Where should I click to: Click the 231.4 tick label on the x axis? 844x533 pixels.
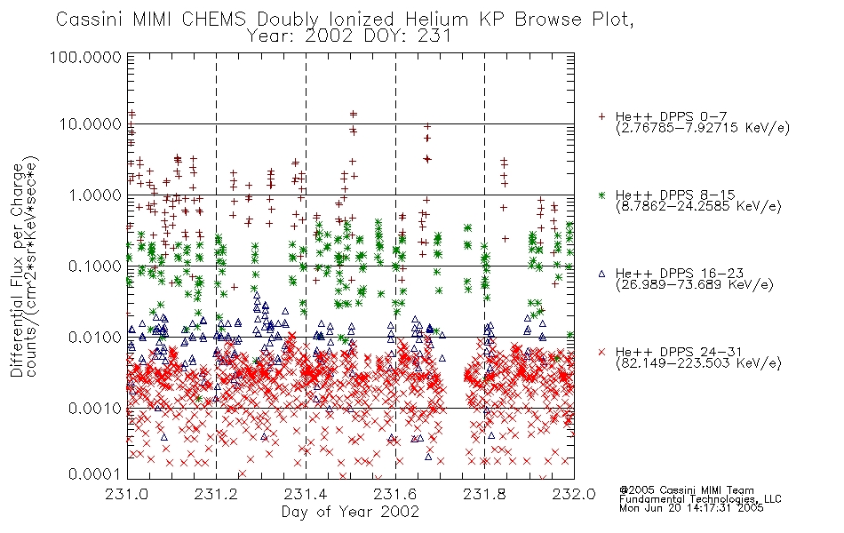pyautogui.click(x=306, y=494)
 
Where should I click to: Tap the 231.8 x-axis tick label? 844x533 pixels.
pyautogui.click(x=484, y=494)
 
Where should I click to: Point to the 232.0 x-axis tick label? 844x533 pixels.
pyautogui.click(x=574, y=494)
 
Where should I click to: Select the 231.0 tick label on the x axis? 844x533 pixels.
pyautogui.click(x=127, y=494)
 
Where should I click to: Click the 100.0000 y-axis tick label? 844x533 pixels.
pyautogui.click(x=85, y=57)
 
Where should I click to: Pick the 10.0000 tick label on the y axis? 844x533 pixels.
pyautogui.click(x=90, y=124)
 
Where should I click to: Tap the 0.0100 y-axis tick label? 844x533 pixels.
pyautogui.click(x=95, y=338)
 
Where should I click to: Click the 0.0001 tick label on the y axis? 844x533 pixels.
pyautogui.click(x=95, y=474)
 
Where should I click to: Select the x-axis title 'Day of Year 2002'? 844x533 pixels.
pyautogui.click(x=350, y=512)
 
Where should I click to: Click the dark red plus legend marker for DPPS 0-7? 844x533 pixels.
pyautogui.click(x=601, y=116)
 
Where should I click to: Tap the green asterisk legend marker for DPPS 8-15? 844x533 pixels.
pyautogui.click(x=601, y=195)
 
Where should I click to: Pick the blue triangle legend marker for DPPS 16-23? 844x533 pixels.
pyautogui.click(x=601, y=274)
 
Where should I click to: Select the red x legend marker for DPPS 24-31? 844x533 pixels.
pyautogui.click(x=601, y=352)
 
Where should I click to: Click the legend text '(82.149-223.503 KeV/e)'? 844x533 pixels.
pyautogui.click(x=698, y=363)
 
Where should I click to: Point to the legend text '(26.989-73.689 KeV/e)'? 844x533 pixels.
pyautogui.click(x=695, y=285)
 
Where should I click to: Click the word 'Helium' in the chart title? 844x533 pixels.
pyautogui.click(x=436, y=20)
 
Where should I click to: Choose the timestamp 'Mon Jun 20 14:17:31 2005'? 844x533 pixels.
pyautogui.click(x=691, y=508)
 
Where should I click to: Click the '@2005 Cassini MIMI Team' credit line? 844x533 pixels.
pyautogui.click(x=686, y=490)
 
